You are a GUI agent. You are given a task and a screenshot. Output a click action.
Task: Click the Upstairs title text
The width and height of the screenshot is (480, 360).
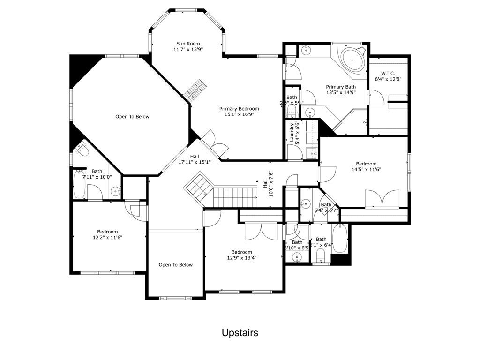tap(240, 333)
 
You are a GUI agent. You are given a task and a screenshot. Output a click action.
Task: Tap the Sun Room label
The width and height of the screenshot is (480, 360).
tap(187, 43)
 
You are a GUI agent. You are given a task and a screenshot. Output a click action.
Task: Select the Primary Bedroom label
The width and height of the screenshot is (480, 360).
tap(239, 109)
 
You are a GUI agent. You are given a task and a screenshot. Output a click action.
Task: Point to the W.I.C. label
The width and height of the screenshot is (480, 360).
tap(388, 74)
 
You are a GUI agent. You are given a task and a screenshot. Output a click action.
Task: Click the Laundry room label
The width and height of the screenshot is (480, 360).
tap(292, 132)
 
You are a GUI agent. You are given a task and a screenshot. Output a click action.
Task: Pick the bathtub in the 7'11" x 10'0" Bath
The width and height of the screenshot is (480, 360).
tap(79, 184)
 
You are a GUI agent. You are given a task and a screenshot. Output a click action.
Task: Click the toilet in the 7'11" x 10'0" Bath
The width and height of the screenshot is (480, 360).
tap(82, 150)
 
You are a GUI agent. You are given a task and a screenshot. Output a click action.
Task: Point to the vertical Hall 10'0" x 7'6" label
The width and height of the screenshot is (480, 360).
tap(268, 183)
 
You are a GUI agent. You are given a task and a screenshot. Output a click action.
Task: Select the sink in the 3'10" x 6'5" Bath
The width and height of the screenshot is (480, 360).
tap(296, 257)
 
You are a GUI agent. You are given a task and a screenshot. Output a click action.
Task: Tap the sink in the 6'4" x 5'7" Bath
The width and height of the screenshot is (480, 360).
tap(306, 204)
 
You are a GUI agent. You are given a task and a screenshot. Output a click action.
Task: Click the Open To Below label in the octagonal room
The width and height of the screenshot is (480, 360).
tap(132, 117)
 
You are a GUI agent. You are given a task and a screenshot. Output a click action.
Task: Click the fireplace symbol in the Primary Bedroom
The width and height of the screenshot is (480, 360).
tap(195, 89)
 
